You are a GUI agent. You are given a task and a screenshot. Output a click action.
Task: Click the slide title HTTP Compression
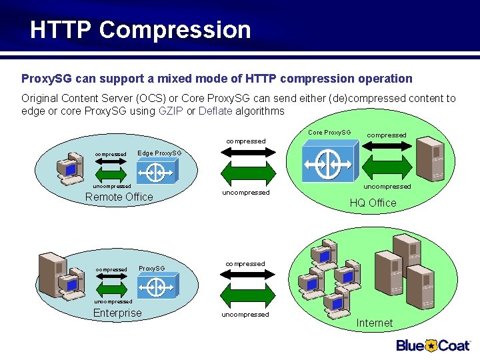tap(140, 30)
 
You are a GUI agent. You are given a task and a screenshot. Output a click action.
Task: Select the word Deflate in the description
tap(215, 111)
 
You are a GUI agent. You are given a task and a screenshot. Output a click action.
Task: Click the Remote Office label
tap(119, 197)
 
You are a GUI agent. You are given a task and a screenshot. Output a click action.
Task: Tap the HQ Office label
tap(373, 203)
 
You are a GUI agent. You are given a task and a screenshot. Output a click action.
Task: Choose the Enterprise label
tap(117, 313)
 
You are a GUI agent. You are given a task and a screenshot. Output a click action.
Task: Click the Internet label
tap(374, 323)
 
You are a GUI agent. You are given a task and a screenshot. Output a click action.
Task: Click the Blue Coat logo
tap(434, 345)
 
